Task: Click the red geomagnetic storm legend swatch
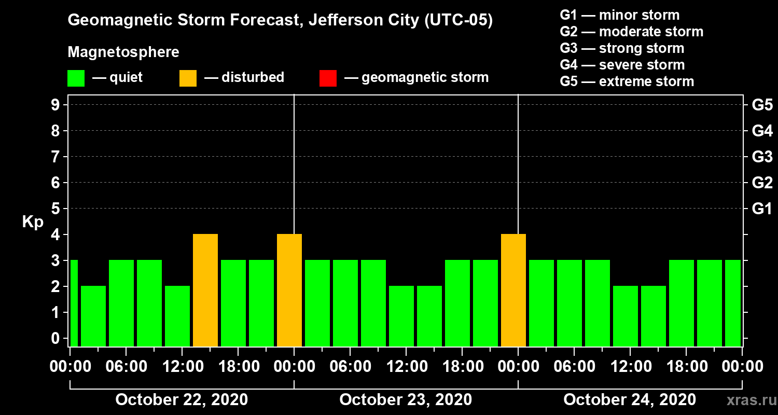click(x=328, y=78)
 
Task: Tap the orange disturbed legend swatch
click(x=188, y=78)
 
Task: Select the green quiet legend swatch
click(x=76, y=78)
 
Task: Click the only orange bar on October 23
click(x=513, y=290)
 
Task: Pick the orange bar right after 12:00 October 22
click(x=205, y=290)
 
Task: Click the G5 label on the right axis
click(x=762, y=105)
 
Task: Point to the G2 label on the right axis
click(x=762, y=183)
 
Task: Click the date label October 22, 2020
click(x=182, y=400)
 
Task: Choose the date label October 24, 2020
click(x=630, y=400)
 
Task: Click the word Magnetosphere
click(x=123, y=52)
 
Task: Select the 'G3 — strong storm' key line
click(x=622, y=48)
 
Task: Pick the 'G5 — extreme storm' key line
click(x=627, y=81)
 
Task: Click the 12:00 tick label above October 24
click(x=630, y=367)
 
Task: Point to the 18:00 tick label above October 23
click(x=462, y=367)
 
